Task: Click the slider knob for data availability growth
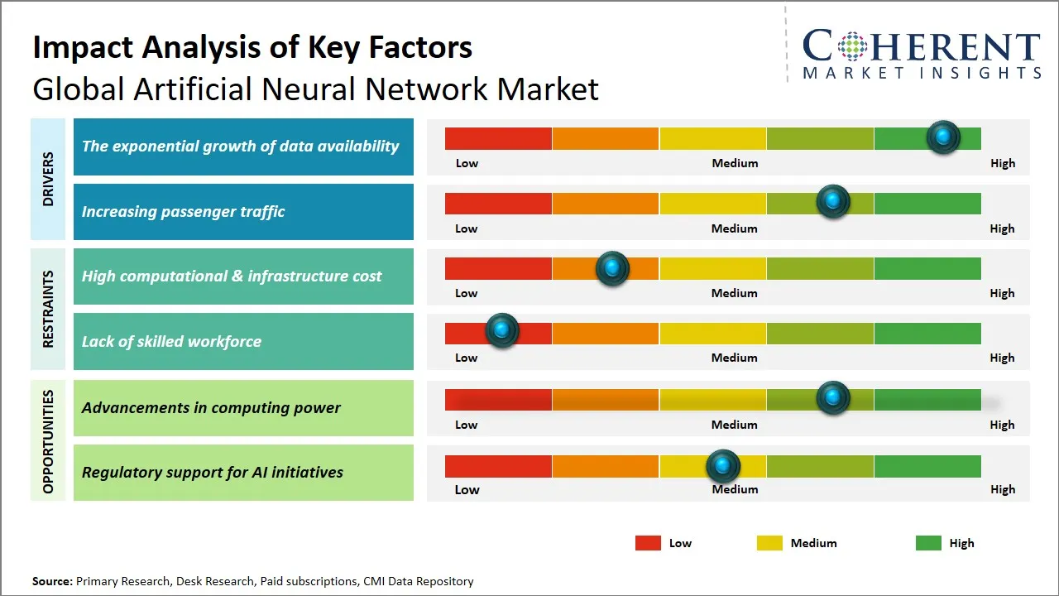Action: [x=943, y=137]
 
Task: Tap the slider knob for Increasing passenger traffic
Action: [x=833, y=202]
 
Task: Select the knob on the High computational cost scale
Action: [x=612, y=268]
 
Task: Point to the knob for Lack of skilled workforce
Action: [x=501, y=330]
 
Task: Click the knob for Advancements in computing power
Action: [x=833, y=398]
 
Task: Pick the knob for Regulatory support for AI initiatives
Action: [x=723, y=467]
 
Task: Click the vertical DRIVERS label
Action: [x=48, y=179]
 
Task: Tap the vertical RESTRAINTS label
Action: [x=48, y=309]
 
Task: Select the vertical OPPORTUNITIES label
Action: [x=48, y=441]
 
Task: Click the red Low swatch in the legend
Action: [x=648, y=543]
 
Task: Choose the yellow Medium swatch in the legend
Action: [x=769, y=543]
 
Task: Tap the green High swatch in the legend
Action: [x=928, y=543]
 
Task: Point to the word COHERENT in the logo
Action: [x=922, y=46]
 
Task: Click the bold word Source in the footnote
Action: [x=52, y=581]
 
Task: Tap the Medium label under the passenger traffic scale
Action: [x=735, y=228]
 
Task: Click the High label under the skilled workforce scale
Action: [x=1002, y=358]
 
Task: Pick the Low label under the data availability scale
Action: [x=467, y=163]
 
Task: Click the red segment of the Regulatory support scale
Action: [x=498, y=467]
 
